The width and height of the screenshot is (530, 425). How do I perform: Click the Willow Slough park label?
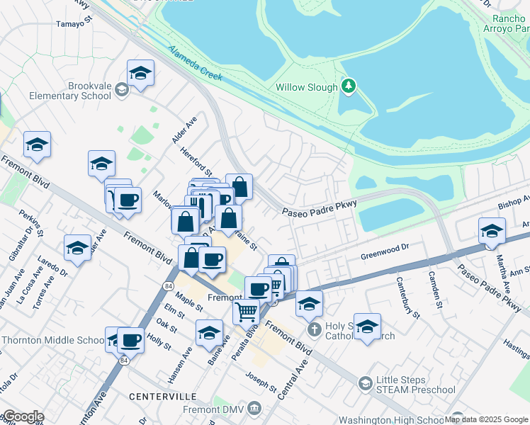[307, 87]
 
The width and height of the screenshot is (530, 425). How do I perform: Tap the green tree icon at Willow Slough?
[348, 86]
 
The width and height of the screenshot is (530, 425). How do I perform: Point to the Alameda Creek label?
[194, 63]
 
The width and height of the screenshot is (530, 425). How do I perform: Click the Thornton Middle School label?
[53, 340]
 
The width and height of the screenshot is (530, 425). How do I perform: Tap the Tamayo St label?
[75, 23]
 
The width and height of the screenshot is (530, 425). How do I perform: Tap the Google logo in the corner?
[23, 416]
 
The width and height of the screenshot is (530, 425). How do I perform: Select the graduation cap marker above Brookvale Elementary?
[140, 74]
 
